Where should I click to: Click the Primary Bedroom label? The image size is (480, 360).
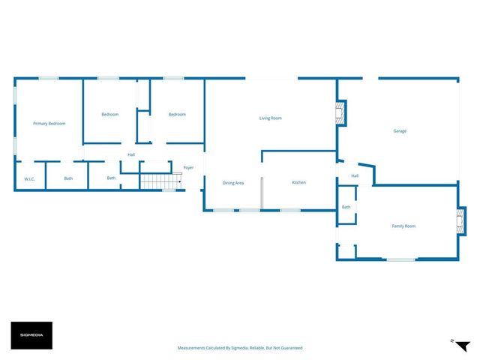(x=49, y=123)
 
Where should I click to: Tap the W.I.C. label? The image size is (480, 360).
(x=30, y=178)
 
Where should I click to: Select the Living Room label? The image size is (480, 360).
(x=271, y=118)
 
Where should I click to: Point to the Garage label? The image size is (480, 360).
(x=400, y=131)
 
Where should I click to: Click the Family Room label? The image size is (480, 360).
(x=403, y=226)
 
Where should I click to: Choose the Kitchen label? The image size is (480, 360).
(x=298, y=182)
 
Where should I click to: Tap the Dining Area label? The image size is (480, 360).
(x=233, y=183)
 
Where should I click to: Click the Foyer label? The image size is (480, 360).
(x=188, y=167)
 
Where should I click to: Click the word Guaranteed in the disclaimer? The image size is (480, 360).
(x=288, y=348)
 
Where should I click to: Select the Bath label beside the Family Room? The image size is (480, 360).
(x=346, y=207)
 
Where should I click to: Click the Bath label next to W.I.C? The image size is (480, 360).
(x=68, y=178)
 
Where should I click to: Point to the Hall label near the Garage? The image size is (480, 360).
(x=355, y=176)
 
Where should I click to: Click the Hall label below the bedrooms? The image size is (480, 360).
(x=131, y=154)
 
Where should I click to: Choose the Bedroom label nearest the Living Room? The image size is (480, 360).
(x=177, y=114)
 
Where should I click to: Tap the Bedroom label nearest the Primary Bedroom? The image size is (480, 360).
(x=110, y=114)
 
